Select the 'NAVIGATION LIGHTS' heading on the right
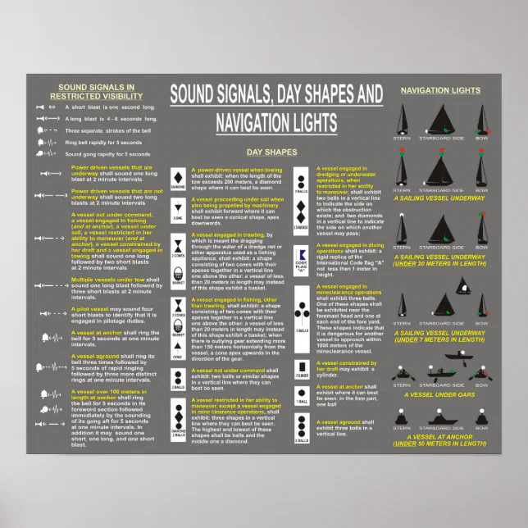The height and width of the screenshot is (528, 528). click(439, 89)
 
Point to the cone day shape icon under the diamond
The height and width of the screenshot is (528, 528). click(178, 208)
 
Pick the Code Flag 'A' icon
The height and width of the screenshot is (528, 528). click(302, 253)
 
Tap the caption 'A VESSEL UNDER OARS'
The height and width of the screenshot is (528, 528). click(439, 394)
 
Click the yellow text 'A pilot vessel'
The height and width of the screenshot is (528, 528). click(93, 309)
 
